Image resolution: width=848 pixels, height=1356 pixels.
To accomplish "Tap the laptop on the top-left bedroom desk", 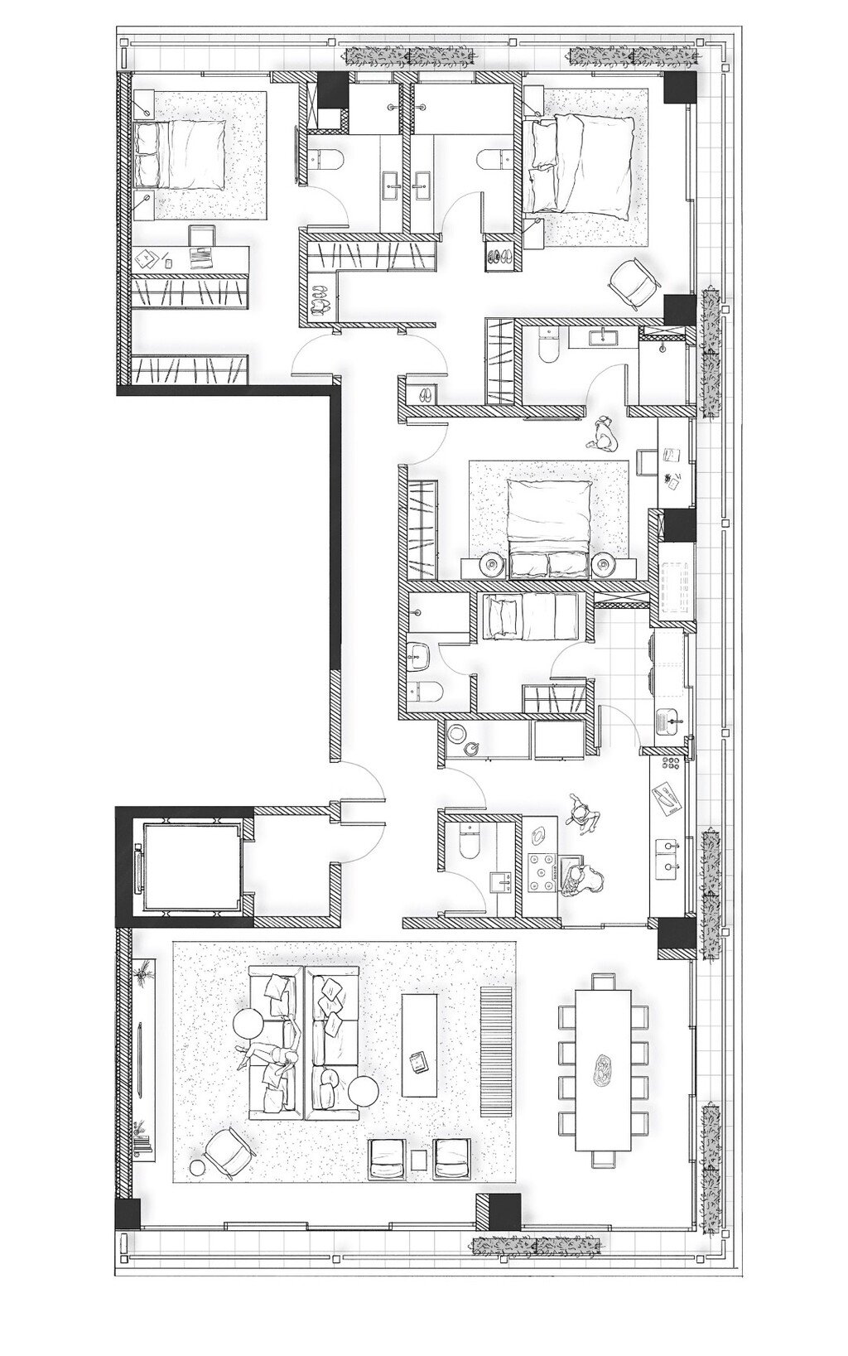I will (201, 257).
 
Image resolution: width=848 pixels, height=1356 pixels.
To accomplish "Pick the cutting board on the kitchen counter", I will (667, 796).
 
